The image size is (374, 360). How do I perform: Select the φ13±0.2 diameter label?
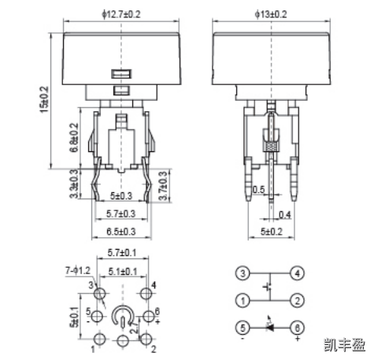click(x=272, y=13)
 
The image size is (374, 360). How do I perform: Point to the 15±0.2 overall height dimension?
click(x=44, y=100)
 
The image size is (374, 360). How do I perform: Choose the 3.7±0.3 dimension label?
click(x=162, y=186)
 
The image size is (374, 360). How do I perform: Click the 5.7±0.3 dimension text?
click(x=120, y=213)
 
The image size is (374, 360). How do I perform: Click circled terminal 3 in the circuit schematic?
click(x=244, y=273)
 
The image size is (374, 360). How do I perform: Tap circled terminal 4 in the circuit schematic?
click(x=296, y=273)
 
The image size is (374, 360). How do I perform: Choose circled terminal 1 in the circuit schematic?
click(x=244, y=300)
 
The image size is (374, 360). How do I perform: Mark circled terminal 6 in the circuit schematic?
click(x=296, y=327)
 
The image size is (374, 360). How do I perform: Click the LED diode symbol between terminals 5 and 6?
click(x=270, y=326)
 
